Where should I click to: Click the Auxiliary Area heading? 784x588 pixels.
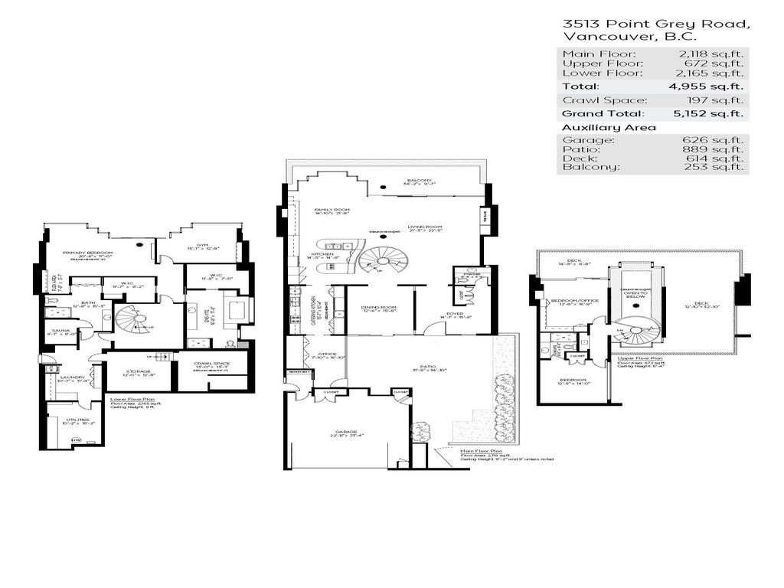[599, 127]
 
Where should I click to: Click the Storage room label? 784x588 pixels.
[139, 371]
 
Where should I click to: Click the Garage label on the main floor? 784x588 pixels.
[344, 432]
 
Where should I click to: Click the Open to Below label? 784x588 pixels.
[635, 292]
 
